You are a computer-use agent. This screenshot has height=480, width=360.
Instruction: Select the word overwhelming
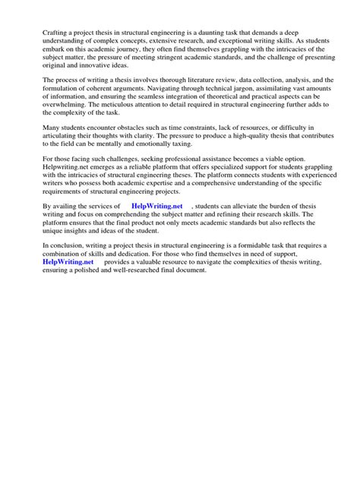[68, 106]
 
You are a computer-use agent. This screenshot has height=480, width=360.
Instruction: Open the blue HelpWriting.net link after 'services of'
[157, 207]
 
